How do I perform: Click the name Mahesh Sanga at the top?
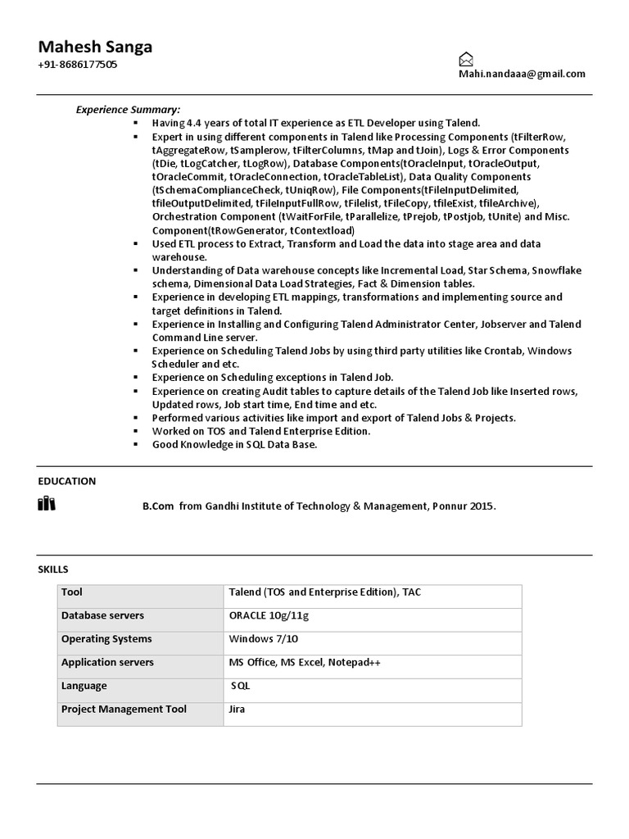pos(95,47)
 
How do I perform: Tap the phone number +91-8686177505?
pos(77,65)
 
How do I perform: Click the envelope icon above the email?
pos(465,59)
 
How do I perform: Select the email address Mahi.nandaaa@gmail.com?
pos(522,74)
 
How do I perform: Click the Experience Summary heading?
pos(129,109)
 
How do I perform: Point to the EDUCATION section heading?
pos(66,481)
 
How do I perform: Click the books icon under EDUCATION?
pos(47,504)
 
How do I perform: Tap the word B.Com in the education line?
pos(158,506)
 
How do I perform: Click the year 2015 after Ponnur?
pos(482,506)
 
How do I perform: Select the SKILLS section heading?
pos(53,569)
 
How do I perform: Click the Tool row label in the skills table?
pos(72,592)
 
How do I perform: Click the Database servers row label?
pos(102,615)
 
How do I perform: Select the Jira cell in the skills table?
pos(238,709)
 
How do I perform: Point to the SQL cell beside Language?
pos(241,685)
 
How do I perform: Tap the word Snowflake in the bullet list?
pos(544,270)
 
